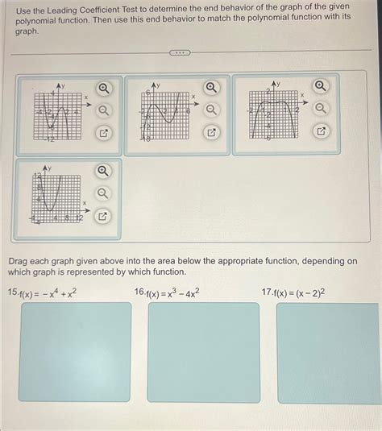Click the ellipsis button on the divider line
(x=179, y=53)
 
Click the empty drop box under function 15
(x=75, y=351)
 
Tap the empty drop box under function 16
(x=203, y=351)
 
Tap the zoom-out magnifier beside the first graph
(x=104, y=110)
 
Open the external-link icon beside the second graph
(x=212, y=131)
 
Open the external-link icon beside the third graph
(x=321, y=131)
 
